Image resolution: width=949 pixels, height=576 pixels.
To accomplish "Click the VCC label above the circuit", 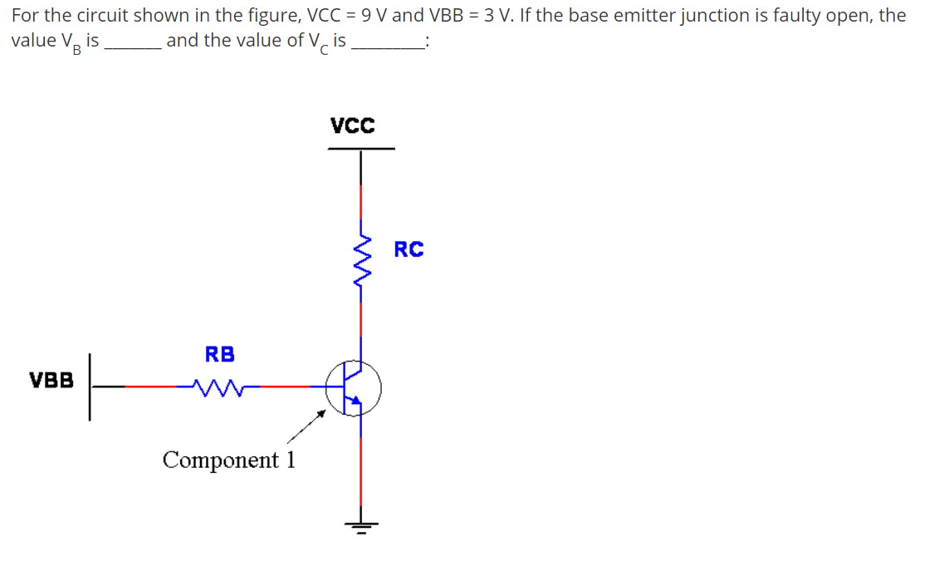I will coord(352,126).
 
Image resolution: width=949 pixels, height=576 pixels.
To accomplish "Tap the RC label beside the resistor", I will coord(408,249).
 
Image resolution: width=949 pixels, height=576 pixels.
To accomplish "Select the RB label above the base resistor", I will coord(220,354).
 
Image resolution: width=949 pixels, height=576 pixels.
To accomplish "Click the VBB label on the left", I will coord(51,381).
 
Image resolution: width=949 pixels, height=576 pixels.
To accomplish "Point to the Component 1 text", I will coord(229,460).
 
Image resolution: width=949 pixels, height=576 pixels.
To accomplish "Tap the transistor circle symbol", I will coord(353,386).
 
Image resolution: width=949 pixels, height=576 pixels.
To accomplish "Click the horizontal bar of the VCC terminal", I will coord(361,149).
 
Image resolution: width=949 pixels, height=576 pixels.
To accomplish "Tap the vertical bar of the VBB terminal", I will coord(89,386).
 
